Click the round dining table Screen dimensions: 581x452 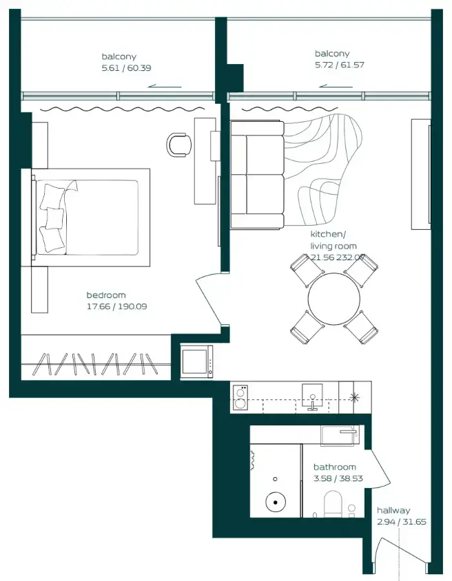pyautogui.click(x=334, y=298)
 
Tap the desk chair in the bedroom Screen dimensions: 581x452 pyautogui.click(x=179, y=144)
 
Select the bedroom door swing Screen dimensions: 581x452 pyautogui.click(x=209, y=300)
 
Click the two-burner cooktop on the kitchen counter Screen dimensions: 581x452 pyautogui.click(x=240, y=399)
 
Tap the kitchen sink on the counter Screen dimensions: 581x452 pyautogui.click(x=311, y=397)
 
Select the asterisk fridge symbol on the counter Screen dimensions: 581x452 pyautogui.click(x=355, y=397)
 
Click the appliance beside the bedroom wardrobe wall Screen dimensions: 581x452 pyautogui.click(x=196, y=361)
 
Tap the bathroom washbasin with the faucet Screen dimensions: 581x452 pyautogui.click(x=340, y=436)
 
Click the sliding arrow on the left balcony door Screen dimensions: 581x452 pyautogui.click(x=165, y=87)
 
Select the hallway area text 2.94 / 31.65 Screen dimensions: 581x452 pyautogui.click(x=401, y=522)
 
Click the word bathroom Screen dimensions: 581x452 pyautogui.click(x=335, y=467)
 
